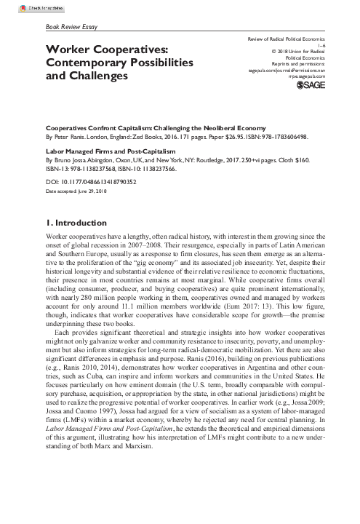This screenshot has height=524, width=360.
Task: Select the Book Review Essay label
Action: [71, 27]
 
